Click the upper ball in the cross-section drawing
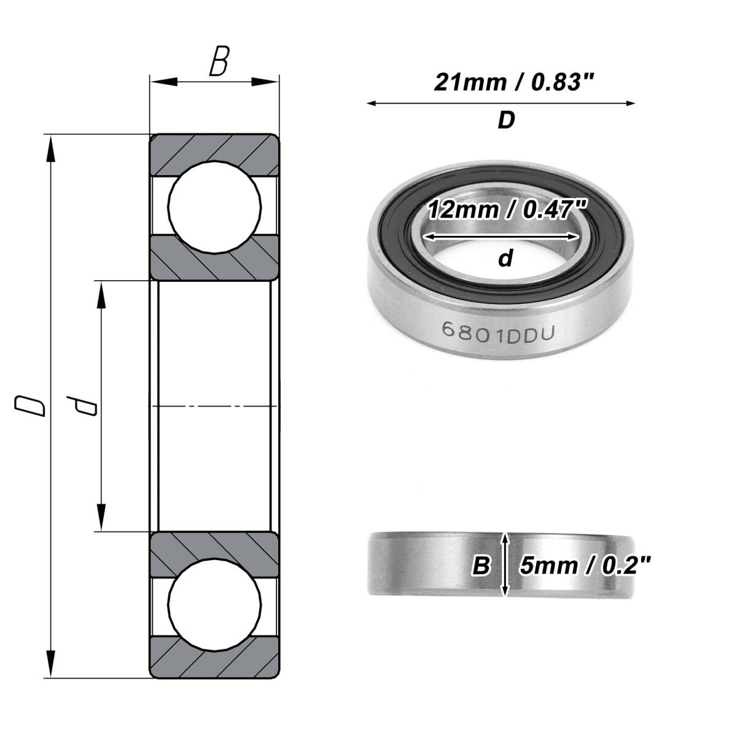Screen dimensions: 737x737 pyautogui.click(x=214, y=208)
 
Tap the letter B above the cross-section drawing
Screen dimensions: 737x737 pyautogui.click(x=219, y=61)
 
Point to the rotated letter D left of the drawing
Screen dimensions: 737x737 pyautogui.click(x=30, y=406)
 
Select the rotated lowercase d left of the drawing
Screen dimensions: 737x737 pyautogui.click(x=82, y=405)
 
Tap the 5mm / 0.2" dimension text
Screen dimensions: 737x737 pyautogui.click(x=585, y=565)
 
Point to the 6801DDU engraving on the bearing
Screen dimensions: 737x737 pyautogui.click(x=498, y=332)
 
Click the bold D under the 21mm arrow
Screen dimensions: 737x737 pyautogui.click(x=506, y=120)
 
